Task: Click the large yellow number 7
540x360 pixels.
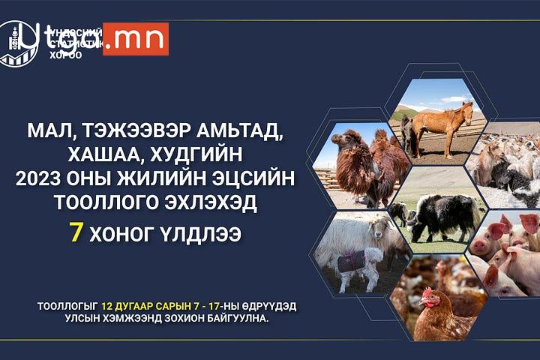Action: tap(76, 232)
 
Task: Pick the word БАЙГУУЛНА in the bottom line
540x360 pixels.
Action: tap(226, 319)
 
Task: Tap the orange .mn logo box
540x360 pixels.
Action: tap(135, 40)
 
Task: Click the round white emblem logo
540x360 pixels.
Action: tap(17, 43)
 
